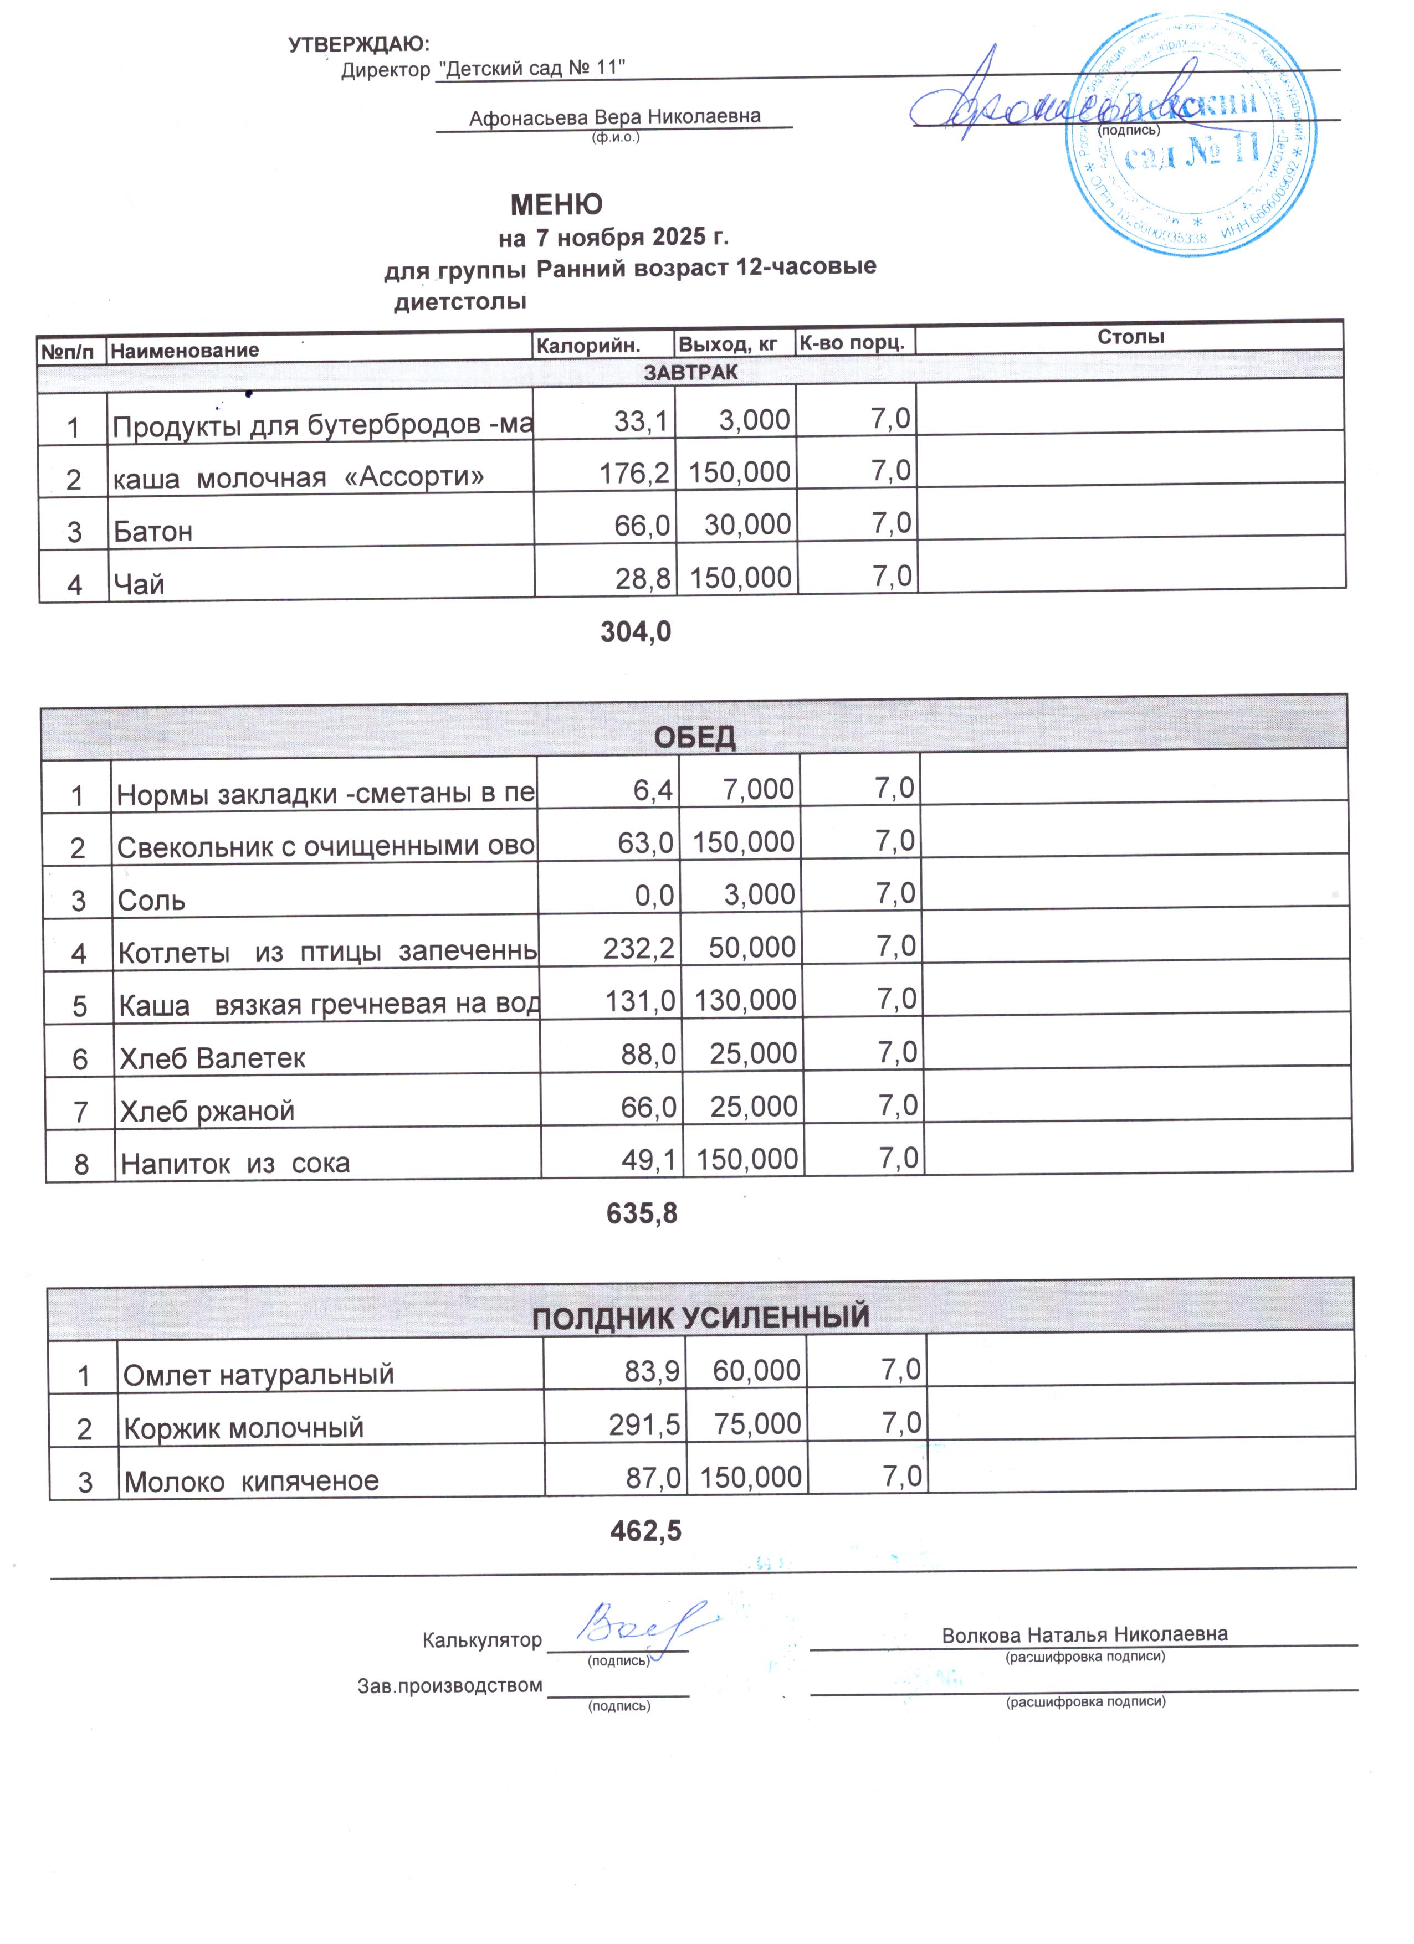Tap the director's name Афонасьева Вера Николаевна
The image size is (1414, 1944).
(614, 116)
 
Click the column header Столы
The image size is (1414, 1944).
(1130, 337)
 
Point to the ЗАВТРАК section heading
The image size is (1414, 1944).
(690, 372)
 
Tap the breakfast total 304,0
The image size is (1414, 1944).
(636, 632)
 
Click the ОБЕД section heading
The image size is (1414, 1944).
(695, 737)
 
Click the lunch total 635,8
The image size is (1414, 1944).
(642, 1213)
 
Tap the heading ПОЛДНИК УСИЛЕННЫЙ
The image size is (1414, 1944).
(700, 1316)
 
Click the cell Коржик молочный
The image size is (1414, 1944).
(244, 1428)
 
